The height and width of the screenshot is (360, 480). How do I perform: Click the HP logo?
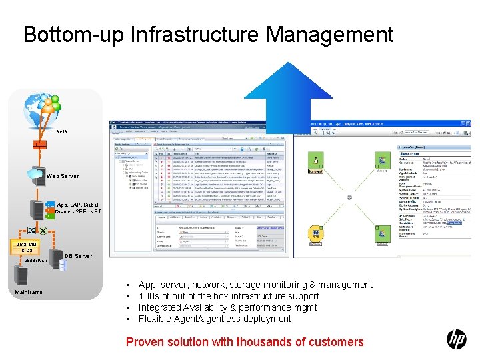(457, 339)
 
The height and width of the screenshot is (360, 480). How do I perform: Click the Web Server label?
(63, 176)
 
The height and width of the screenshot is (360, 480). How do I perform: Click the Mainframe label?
(29, 292)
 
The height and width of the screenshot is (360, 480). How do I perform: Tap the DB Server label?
(78, 256)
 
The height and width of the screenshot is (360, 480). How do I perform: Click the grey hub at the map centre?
(349, 197)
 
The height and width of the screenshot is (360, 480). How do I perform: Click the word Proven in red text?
(145, 342)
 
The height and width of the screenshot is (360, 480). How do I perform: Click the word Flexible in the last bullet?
(155, 319)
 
